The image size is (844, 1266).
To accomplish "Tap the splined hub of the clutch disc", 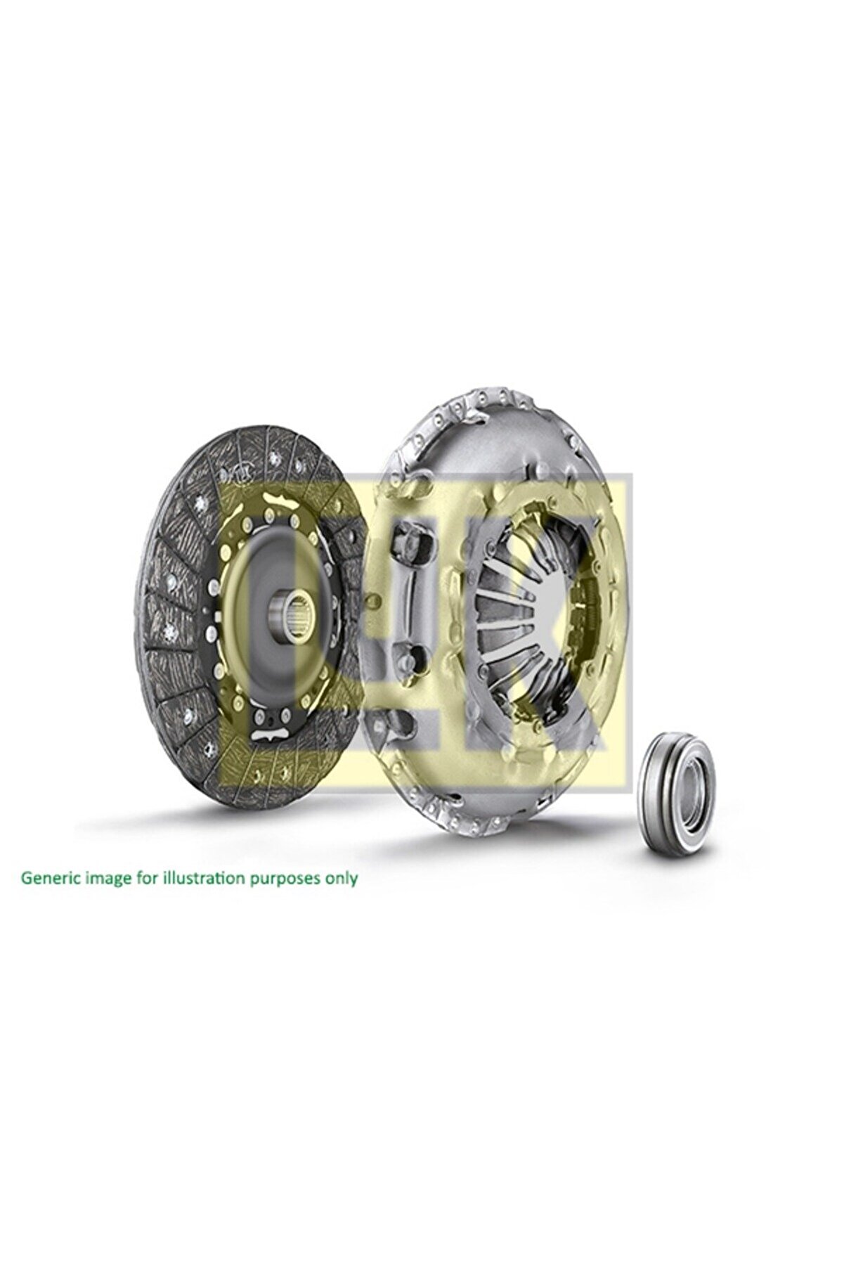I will click(295, 601).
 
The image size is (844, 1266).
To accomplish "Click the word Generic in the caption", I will click(47, 878).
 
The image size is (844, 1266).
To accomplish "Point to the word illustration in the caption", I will click(193, 878).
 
